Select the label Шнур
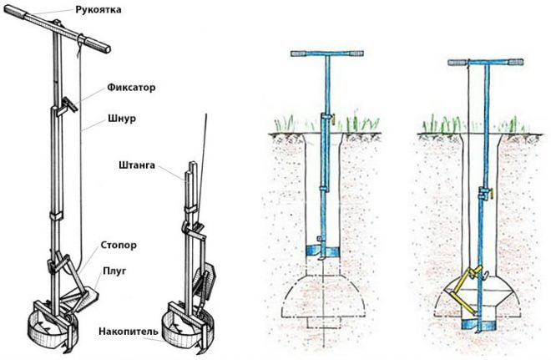pos(121,119)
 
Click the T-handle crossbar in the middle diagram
pos(326,54)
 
